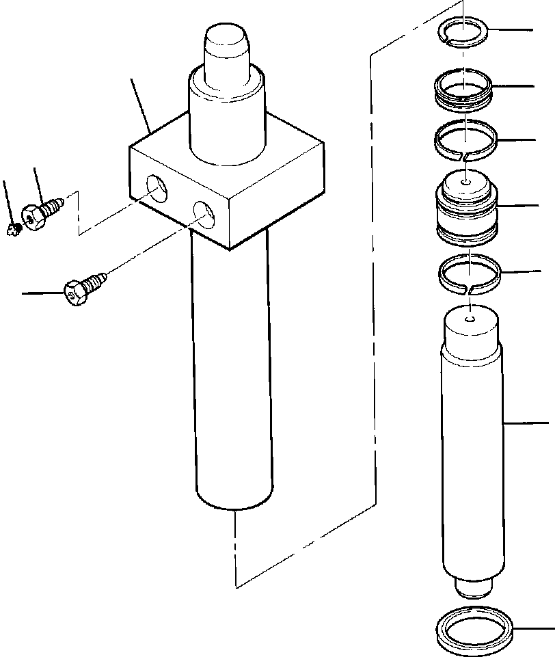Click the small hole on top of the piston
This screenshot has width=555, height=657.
click(x=465, y=183)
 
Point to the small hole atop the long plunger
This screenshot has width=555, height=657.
click(x=470, y=318)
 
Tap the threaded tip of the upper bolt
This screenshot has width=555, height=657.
click(x=59, y=203)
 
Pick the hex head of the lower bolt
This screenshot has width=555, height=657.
click(x=75, y=292)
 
